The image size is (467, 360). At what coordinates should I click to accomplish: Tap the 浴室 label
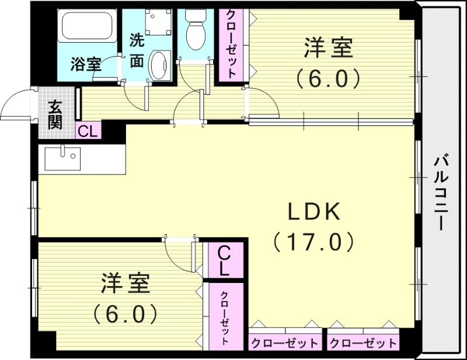click(86, 64)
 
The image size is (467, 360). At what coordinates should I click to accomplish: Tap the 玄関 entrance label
click(55, 114)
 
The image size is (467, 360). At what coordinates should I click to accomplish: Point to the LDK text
click(313, 212)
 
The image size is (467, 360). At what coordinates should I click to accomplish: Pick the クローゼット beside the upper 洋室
click(231, 44)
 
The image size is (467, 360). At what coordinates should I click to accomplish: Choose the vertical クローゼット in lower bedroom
click(225, 318)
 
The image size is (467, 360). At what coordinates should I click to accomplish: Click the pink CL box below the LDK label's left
click(224, 261)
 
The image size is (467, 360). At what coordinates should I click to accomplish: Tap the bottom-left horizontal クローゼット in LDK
click(285, 342)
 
